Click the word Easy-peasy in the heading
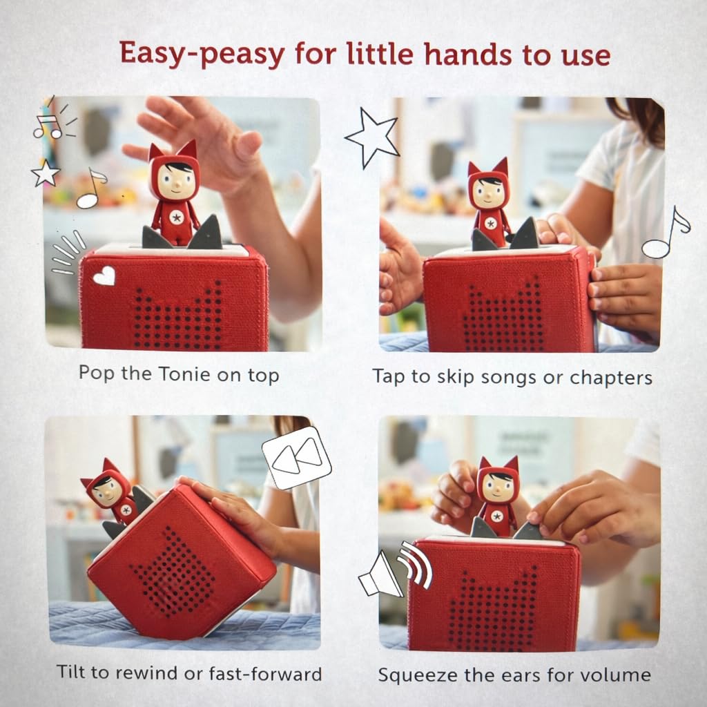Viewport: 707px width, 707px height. (202, 55)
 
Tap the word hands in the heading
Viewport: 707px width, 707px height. (467, 54)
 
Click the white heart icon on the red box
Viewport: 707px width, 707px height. (104, 275)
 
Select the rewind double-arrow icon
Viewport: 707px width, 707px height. (297, 458)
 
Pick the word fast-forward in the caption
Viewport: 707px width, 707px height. (265, 673)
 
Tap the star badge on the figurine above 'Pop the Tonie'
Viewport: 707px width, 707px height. (176, 218)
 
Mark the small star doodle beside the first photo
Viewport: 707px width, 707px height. (45, 173)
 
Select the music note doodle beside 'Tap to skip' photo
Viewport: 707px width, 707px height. (666, 233)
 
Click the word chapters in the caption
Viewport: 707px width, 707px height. (611, 378)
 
